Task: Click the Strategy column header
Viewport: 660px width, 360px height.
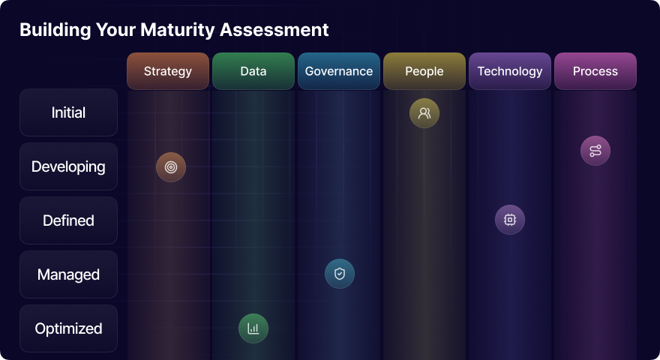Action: point(168,71)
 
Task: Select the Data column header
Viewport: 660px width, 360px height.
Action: point(253,71)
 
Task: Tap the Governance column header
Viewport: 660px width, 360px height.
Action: point(339,71)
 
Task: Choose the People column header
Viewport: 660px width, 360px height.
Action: point(424,71)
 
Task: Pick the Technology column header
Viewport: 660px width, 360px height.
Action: point(510,71)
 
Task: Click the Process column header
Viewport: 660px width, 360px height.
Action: point(595,71)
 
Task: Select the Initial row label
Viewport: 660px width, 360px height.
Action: point(68,112)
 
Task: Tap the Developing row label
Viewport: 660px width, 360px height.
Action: point(68,166)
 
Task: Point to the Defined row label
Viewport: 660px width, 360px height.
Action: point(68,220)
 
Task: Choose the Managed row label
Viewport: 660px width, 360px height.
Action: point(68,274)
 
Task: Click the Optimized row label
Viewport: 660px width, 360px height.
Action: point(68,328)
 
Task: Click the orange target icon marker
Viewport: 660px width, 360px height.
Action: point(171,167)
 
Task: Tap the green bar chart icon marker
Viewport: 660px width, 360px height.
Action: point(253,328)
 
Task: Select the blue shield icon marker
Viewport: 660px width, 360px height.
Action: point(340,274)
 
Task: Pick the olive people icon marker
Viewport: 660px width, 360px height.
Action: point(424,113)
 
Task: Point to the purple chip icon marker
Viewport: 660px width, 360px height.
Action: point(510,220)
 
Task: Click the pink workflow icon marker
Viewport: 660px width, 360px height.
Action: point(595,151)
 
